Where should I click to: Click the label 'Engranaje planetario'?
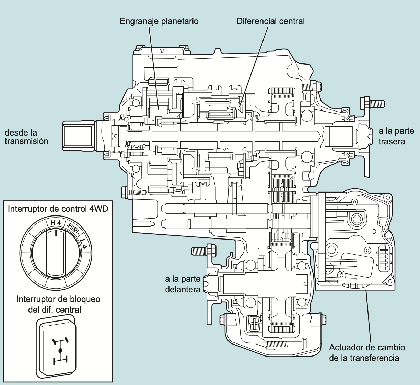(159, 21)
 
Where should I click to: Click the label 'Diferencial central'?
(270, 21)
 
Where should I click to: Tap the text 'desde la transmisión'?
(26, 137)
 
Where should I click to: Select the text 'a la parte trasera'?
(396, 136)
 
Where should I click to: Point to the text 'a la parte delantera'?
(183, 284)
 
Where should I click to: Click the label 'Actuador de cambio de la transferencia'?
(367, 352)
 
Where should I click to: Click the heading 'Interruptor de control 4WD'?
(58, 209)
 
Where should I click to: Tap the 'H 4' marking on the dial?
(56, 223)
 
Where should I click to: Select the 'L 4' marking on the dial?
(83, 244)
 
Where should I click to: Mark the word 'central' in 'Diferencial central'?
(292, 21)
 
